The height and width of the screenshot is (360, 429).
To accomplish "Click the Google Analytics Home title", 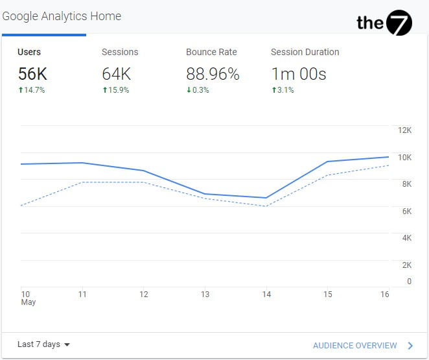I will [x=62, y=16].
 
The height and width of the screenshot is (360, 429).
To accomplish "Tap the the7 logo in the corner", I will [x=384, y=23].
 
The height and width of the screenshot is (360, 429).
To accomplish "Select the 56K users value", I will [x=32, y=74].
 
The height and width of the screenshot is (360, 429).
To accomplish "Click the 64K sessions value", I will [x=117, y=74].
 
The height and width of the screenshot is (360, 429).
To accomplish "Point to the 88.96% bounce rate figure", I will [x=213, y=74].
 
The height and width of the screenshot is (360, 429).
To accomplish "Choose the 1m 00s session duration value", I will [x=298, y=74].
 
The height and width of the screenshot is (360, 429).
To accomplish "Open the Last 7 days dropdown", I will [x=44, y=344].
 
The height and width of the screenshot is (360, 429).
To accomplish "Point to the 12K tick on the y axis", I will [x=404, y=130].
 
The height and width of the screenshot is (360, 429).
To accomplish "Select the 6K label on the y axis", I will [x=406, y=211].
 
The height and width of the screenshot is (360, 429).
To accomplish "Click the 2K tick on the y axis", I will [x=406, y=265].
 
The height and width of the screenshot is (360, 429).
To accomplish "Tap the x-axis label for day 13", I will [x=205, y=294].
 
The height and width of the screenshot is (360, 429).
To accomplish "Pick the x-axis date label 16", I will [x=384, y=294].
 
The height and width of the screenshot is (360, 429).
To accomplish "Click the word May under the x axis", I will [x=28, y=302].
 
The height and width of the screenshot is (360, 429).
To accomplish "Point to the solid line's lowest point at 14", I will [x=266, y=198].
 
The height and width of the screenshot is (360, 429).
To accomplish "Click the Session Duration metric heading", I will [x=305, y=52].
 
